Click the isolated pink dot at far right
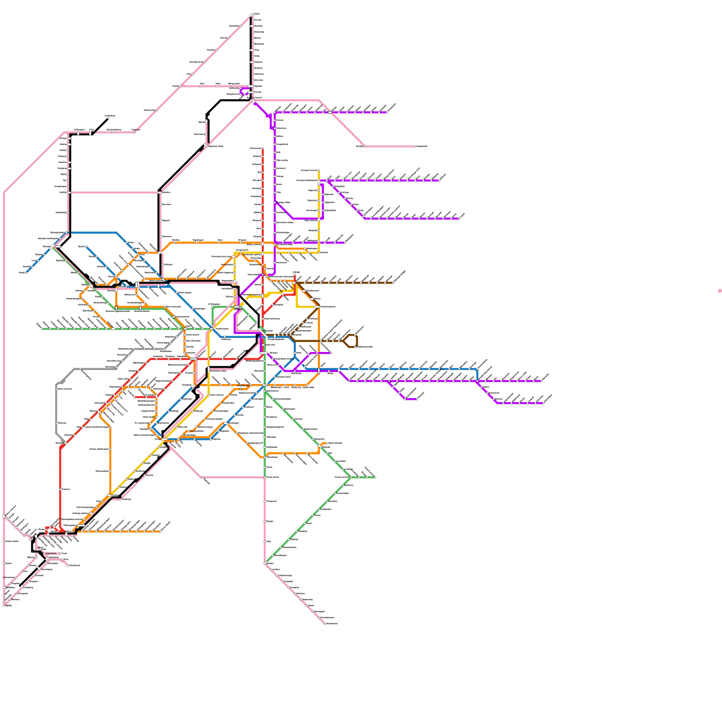720,291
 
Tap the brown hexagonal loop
351,341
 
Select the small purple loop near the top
245,92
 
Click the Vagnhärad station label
51,553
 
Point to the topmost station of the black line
252,14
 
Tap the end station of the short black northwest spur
108,119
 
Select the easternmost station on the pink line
415,146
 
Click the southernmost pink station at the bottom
325,624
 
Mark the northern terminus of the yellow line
319,171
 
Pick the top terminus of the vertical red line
263,148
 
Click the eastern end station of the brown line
393,283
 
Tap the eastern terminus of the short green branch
375,477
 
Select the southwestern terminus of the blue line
26,273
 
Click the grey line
57,406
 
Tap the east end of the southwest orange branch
160,531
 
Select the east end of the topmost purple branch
387,112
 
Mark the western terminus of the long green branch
42,329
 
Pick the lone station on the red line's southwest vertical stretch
60,489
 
